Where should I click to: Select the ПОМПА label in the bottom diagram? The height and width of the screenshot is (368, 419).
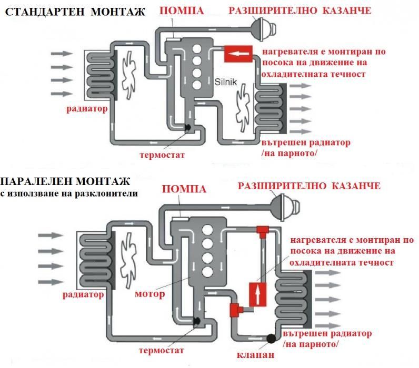coord(183,189)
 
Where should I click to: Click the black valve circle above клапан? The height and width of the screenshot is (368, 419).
coord(272,339)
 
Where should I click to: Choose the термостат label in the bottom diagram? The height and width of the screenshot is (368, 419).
coord(163,350)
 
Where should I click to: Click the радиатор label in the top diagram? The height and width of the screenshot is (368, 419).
coord(87,109)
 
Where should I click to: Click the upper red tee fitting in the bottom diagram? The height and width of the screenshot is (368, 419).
coord(262,230)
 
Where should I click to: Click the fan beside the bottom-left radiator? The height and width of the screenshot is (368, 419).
coord(128,252)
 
